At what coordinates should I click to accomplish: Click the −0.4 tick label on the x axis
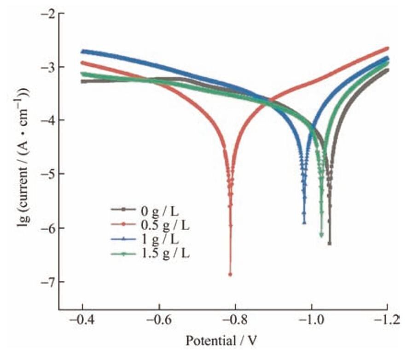[82, 320]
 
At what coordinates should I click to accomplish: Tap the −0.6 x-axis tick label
[159, 320]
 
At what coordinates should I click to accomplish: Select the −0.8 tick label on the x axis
[235, 320]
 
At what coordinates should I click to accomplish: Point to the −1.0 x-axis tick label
[312, 320]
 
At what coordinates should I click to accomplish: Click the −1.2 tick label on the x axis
[387, 320]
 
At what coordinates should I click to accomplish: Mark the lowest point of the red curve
[230, 274]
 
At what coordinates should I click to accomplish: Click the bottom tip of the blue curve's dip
[304, 223]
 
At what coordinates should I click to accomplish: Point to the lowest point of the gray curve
[330, 244]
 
